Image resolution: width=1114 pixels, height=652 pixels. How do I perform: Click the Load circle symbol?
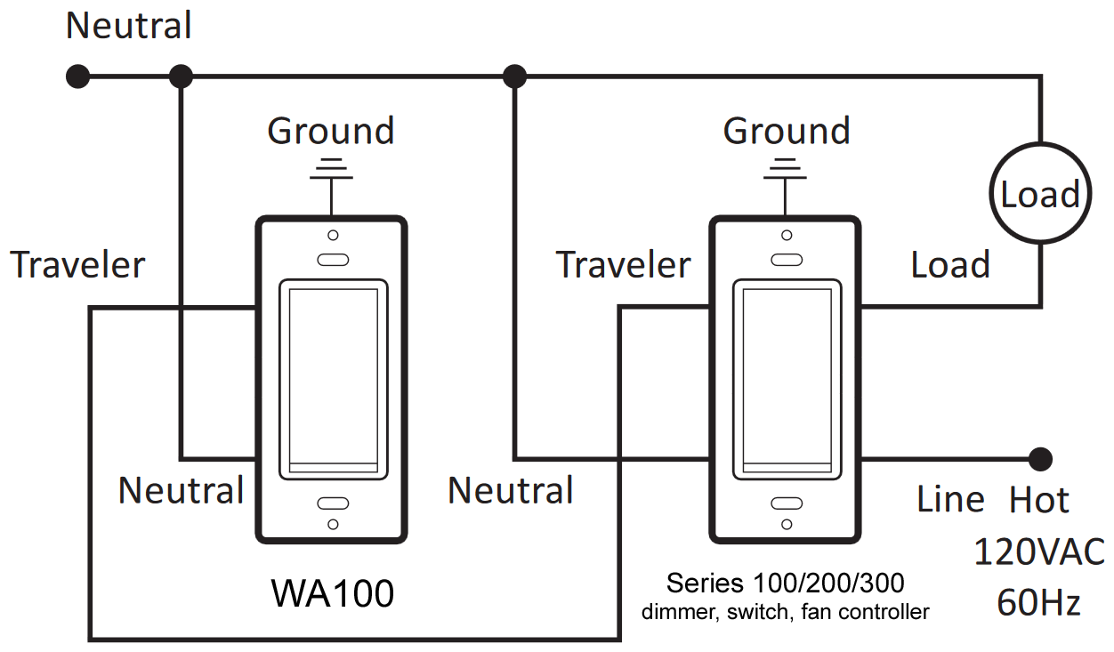coord(1038,193)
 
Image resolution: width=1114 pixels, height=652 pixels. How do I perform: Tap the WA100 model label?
coord(332,593)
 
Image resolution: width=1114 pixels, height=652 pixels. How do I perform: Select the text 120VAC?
coord(1038,552)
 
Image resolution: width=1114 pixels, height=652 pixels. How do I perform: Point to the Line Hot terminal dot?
coord(1039,459)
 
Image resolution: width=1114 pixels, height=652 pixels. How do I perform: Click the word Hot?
coord(1038,501)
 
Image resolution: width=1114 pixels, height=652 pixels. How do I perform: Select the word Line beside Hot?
coord(950,500)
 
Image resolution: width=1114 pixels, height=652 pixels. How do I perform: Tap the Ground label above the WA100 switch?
coord(331,131)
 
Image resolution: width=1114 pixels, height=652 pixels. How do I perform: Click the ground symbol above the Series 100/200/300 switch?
coord(784,169)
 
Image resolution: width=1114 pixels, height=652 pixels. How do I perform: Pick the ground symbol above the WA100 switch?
coord(331,169)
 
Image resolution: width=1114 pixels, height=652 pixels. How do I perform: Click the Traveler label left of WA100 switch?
coord(77,265)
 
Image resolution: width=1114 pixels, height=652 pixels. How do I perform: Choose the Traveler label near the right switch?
coord(623,265)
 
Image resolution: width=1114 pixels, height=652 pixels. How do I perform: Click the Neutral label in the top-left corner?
coord(129,26)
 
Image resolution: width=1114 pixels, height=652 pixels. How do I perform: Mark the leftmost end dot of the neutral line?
coord(78,76)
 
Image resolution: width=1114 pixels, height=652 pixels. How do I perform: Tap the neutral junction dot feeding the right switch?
coord(513,76)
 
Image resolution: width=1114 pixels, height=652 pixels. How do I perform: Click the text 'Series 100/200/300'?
coord(785,584)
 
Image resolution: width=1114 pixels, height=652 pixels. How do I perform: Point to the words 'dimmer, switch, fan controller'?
coord(785,612)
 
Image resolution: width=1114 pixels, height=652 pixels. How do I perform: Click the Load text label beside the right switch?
coord(950,265)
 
